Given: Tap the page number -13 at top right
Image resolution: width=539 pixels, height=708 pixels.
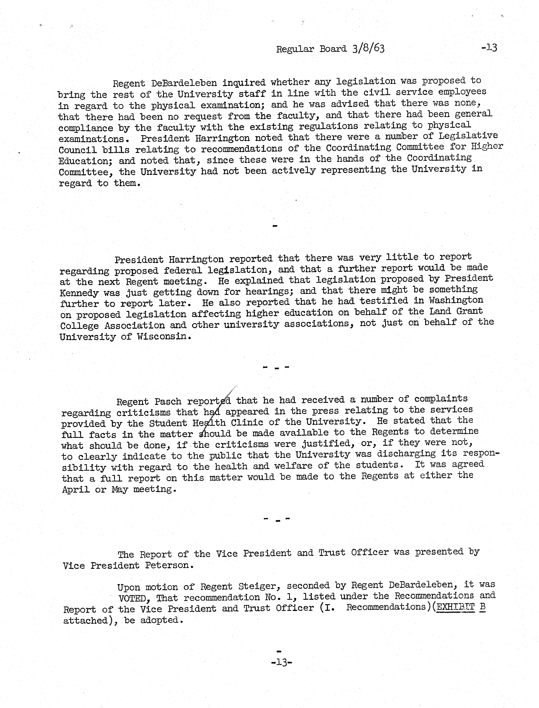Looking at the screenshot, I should (489, 48).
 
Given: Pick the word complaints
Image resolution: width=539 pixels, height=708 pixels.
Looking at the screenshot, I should (441, 399).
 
